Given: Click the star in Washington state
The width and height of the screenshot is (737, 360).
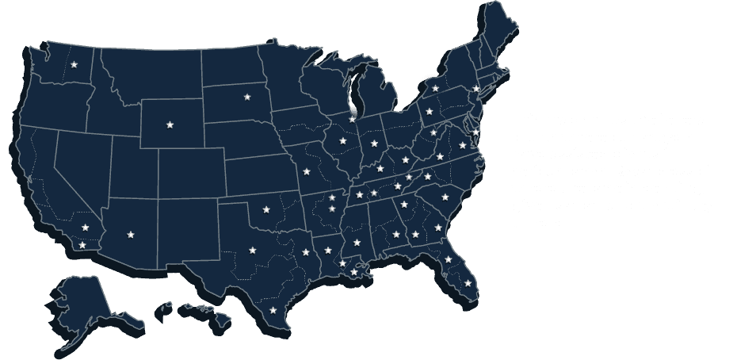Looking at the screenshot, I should [x=74, y=65].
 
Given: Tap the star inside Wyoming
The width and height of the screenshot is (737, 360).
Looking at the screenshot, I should [x=170, y=124].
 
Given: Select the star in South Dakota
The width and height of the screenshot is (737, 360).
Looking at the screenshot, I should [x=246, y=97].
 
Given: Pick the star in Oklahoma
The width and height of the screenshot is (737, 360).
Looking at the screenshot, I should [x=265, y=210].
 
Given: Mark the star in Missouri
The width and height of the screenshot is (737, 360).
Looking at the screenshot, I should [x=307, y=171].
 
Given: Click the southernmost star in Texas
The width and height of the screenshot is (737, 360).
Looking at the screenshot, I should [x=273, y=309].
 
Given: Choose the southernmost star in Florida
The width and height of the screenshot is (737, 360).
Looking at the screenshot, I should [x=468, y=282].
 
